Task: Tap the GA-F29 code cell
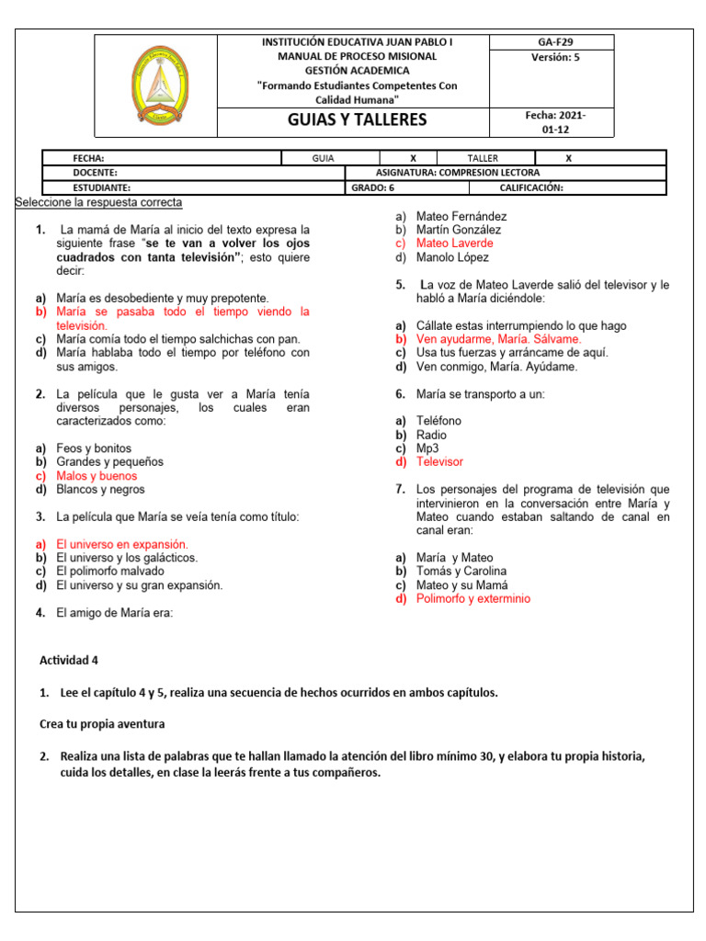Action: (553, 42)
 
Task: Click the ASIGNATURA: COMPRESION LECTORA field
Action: (458, 172)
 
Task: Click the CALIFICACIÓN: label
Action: (530, 187)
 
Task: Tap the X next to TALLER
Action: (568, 158)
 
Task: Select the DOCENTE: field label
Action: (96, 172)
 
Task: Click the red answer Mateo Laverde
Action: (454, 244)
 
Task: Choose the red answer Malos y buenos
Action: (96, 476)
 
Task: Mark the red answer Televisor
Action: (439, 461)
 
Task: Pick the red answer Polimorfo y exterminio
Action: (473, 598)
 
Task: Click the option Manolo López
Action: (452, 257)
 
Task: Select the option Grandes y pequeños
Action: (109, 461)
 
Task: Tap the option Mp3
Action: (427, 448)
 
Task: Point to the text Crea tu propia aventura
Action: (102, 724)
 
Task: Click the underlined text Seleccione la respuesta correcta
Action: (99, 202)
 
